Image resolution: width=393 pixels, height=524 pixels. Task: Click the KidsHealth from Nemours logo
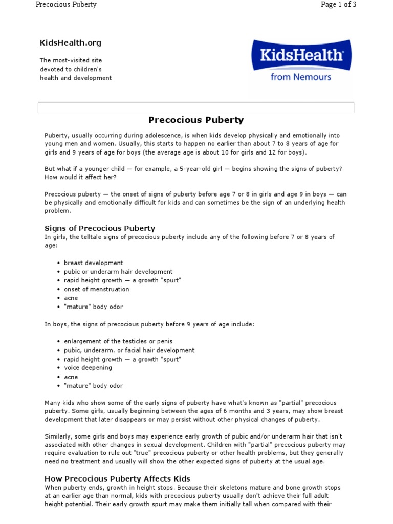click(300, 61)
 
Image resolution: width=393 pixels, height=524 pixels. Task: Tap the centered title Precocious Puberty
click(196, 120)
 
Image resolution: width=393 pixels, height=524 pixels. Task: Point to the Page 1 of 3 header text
click(338, 5)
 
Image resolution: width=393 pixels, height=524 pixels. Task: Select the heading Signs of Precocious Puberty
click(100, 228)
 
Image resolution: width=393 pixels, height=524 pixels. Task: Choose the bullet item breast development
click(93, 263)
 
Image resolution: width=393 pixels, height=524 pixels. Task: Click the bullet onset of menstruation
click(97, 289)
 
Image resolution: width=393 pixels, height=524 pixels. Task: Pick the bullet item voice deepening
click(88, 368)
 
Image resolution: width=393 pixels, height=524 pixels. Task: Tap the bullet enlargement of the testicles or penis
click(118, 341)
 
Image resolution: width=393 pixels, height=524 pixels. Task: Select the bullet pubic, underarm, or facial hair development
click(129, 350)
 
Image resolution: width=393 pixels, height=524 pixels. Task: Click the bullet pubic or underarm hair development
click(118, 272)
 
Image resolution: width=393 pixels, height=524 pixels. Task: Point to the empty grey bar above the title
click(196, 107)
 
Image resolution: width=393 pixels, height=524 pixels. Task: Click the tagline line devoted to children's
click(71, 69)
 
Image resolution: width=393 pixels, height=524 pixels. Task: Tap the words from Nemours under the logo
click(300, 77)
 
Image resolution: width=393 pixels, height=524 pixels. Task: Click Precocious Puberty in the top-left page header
click(65, 5)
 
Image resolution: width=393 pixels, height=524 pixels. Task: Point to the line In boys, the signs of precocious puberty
click(148, 324)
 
